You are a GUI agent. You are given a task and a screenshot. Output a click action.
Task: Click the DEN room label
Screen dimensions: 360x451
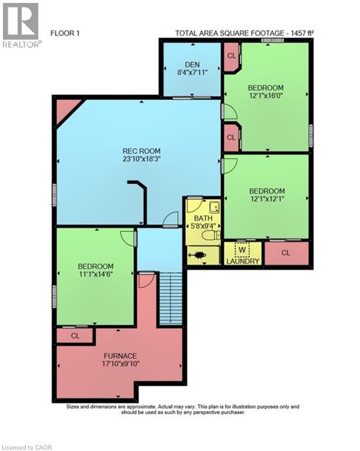click(193, 65)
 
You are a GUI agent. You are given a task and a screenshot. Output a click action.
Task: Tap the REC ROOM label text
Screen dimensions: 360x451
click(142, 151)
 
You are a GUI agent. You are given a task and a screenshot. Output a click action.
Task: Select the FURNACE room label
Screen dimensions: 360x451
click(120, 356)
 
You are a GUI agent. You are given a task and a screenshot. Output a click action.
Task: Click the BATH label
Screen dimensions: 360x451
click(203, 218)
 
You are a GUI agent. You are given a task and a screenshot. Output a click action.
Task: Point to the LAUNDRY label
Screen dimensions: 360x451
click(243, 261)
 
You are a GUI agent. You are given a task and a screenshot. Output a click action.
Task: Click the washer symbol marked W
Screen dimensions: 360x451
click(242, 250)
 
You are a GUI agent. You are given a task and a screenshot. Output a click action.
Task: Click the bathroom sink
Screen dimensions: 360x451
click(214, 207)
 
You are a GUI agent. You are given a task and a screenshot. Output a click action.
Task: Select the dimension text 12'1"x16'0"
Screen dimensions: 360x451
click(266, 95)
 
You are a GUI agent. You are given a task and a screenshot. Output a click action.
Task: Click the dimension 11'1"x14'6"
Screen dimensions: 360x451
click(96, 274)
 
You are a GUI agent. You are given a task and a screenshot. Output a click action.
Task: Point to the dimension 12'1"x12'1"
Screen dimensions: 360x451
click(267, 198)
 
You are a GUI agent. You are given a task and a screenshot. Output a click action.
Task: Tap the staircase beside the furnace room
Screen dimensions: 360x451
click(171, 298)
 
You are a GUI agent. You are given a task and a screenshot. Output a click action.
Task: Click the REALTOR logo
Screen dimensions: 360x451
click(21, 25)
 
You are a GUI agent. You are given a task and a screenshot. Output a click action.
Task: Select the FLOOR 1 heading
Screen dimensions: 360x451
click(65, 33)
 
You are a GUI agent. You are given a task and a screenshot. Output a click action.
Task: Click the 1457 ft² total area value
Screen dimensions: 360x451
click(302, 33)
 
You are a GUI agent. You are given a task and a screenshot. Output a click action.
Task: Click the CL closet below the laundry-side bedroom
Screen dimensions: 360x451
click(286, 253)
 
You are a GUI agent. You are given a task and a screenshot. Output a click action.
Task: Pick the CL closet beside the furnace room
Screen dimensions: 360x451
click(75, 336)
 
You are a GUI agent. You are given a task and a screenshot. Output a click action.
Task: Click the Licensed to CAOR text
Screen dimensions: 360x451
click(26, 447)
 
